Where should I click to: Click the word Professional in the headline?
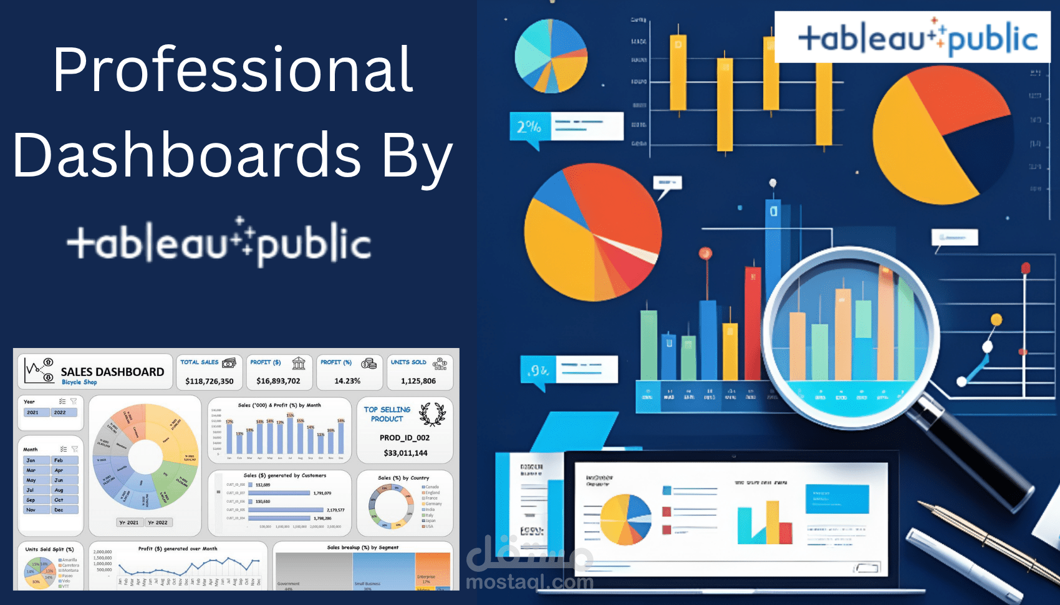233,69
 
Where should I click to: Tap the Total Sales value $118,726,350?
210,381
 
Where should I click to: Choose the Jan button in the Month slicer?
36,460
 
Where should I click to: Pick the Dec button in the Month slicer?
64,510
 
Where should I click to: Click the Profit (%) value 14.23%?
347,381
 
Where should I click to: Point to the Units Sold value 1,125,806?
418,381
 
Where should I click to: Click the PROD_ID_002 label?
405,438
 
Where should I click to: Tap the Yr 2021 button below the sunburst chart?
129,523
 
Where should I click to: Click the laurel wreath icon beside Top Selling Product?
432,414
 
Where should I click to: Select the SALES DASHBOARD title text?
112,372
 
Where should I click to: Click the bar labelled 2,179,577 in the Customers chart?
286,510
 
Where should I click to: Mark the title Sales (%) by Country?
403,478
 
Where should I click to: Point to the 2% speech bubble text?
529,127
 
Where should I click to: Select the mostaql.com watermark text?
529,583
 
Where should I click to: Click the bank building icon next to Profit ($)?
299,363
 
